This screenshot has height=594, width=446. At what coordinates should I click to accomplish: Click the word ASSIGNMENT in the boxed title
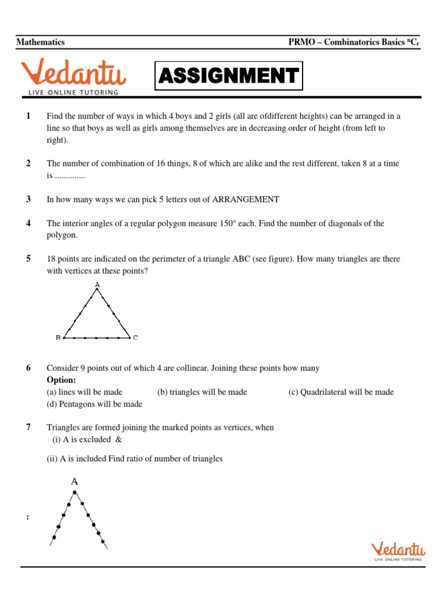coord(228,75)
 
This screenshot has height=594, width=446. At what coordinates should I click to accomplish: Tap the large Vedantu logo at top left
coord(73,74)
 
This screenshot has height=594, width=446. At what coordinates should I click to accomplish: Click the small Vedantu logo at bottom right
coord(398,550)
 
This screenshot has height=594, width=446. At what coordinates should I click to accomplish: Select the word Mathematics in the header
coord(41,42)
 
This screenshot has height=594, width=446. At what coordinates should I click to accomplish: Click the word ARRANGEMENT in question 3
coord(246,200)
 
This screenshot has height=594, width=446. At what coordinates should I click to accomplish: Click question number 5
coord(28,259)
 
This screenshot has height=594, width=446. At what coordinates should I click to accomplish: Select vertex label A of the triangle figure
coord(97,284)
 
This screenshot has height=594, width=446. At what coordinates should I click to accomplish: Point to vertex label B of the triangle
coord(57,337)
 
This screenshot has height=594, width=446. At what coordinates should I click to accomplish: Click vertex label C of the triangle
coord(135,337)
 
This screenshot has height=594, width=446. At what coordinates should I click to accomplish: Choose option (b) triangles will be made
coord(202,392)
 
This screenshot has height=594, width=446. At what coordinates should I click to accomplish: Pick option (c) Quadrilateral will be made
coord(341,392)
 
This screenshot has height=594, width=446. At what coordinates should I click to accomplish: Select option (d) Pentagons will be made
coord(94,404)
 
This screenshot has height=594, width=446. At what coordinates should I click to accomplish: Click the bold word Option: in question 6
coord(62,380)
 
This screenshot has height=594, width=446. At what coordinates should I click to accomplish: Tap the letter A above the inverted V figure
coord(74,481)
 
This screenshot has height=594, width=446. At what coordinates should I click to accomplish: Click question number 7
coord(28,428)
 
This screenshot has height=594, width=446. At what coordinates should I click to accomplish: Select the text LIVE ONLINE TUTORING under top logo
coord(73,92)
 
